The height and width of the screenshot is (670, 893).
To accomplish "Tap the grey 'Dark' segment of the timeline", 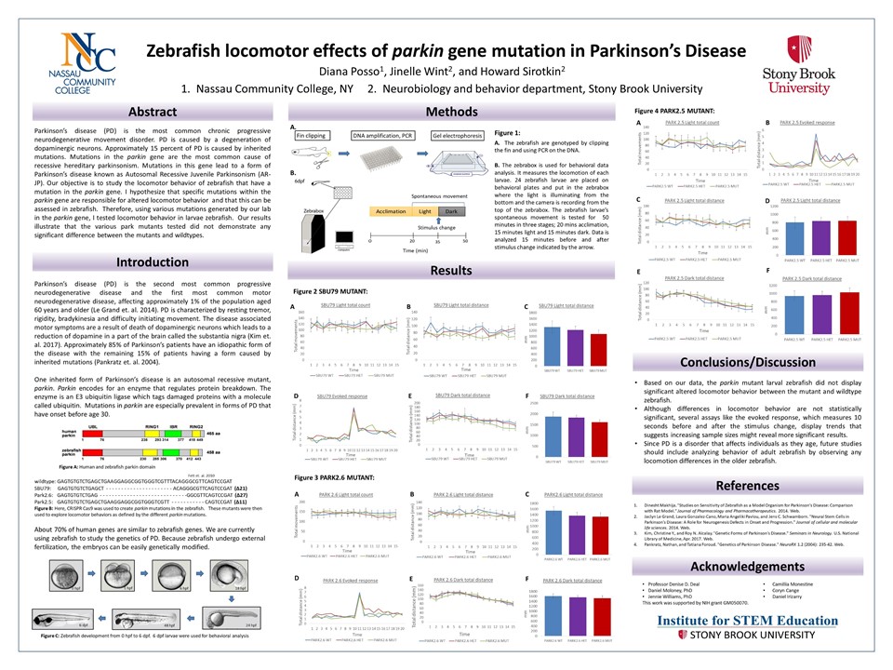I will point(450,212).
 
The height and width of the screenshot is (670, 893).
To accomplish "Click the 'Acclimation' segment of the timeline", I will point(391,212).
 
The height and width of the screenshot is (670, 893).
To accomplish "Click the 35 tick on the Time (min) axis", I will point(438,240).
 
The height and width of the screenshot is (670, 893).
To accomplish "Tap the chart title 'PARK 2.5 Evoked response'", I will point(807,122).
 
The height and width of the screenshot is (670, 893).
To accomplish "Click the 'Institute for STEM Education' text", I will point(758,621).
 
